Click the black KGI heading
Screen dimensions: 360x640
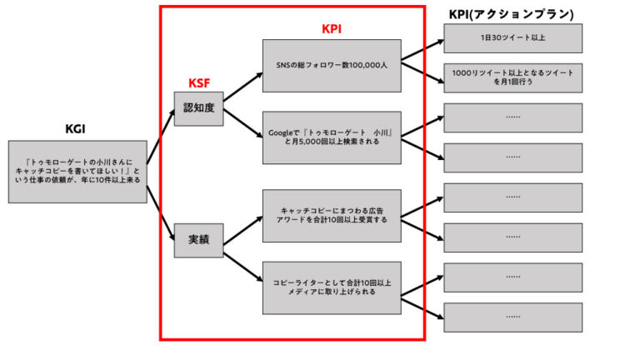coord(76,128)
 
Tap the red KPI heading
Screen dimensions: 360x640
coord(332,28)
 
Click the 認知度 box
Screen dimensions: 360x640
coord(199,108)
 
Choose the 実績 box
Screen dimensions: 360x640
coord(199,239)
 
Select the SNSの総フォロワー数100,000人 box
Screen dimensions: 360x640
coord(332,65)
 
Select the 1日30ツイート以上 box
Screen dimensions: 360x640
coord(512,39)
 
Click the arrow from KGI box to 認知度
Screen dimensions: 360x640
coord(162,138)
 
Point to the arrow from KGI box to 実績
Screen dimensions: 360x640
coord(162,210)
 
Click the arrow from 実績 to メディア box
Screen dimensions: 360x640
coord(242,264)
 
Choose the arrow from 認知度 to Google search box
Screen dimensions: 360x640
coord(242,125)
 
